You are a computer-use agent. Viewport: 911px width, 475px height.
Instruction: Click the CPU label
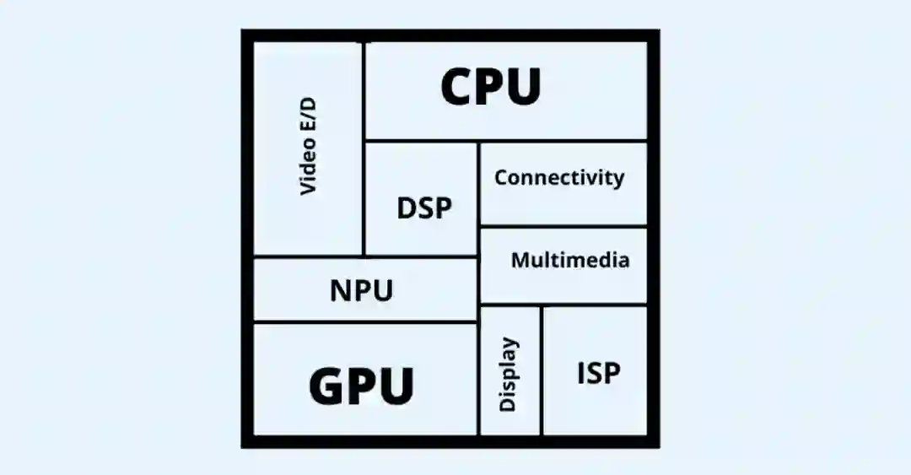(x=491, y=87)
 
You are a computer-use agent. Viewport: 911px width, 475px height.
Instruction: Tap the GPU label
(x=361, y=386)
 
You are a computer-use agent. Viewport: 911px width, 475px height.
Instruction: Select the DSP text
(x=424, y=208)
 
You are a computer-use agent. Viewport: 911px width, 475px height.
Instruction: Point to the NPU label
(x=361, y=291)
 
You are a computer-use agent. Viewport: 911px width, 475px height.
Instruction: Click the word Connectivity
(x=559, y=178)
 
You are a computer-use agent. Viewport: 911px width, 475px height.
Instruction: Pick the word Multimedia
(x=570, y=260)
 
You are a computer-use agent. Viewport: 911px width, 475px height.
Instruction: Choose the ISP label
(x=599, y=373)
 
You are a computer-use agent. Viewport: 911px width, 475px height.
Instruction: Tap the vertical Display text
(x=508, y=374)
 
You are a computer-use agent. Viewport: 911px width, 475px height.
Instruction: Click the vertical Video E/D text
(x=309, y=146)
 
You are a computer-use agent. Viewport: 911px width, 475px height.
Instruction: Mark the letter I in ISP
(x=581, y=373)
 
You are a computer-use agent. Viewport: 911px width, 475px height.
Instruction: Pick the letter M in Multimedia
(x=521, y=260)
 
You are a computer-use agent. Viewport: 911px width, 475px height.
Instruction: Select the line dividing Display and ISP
(x=542, y=371)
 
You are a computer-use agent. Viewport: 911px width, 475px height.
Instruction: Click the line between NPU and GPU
(x=365, y=321)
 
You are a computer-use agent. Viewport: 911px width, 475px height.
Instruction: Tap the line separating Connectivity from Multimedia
(x=563, y=226)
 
